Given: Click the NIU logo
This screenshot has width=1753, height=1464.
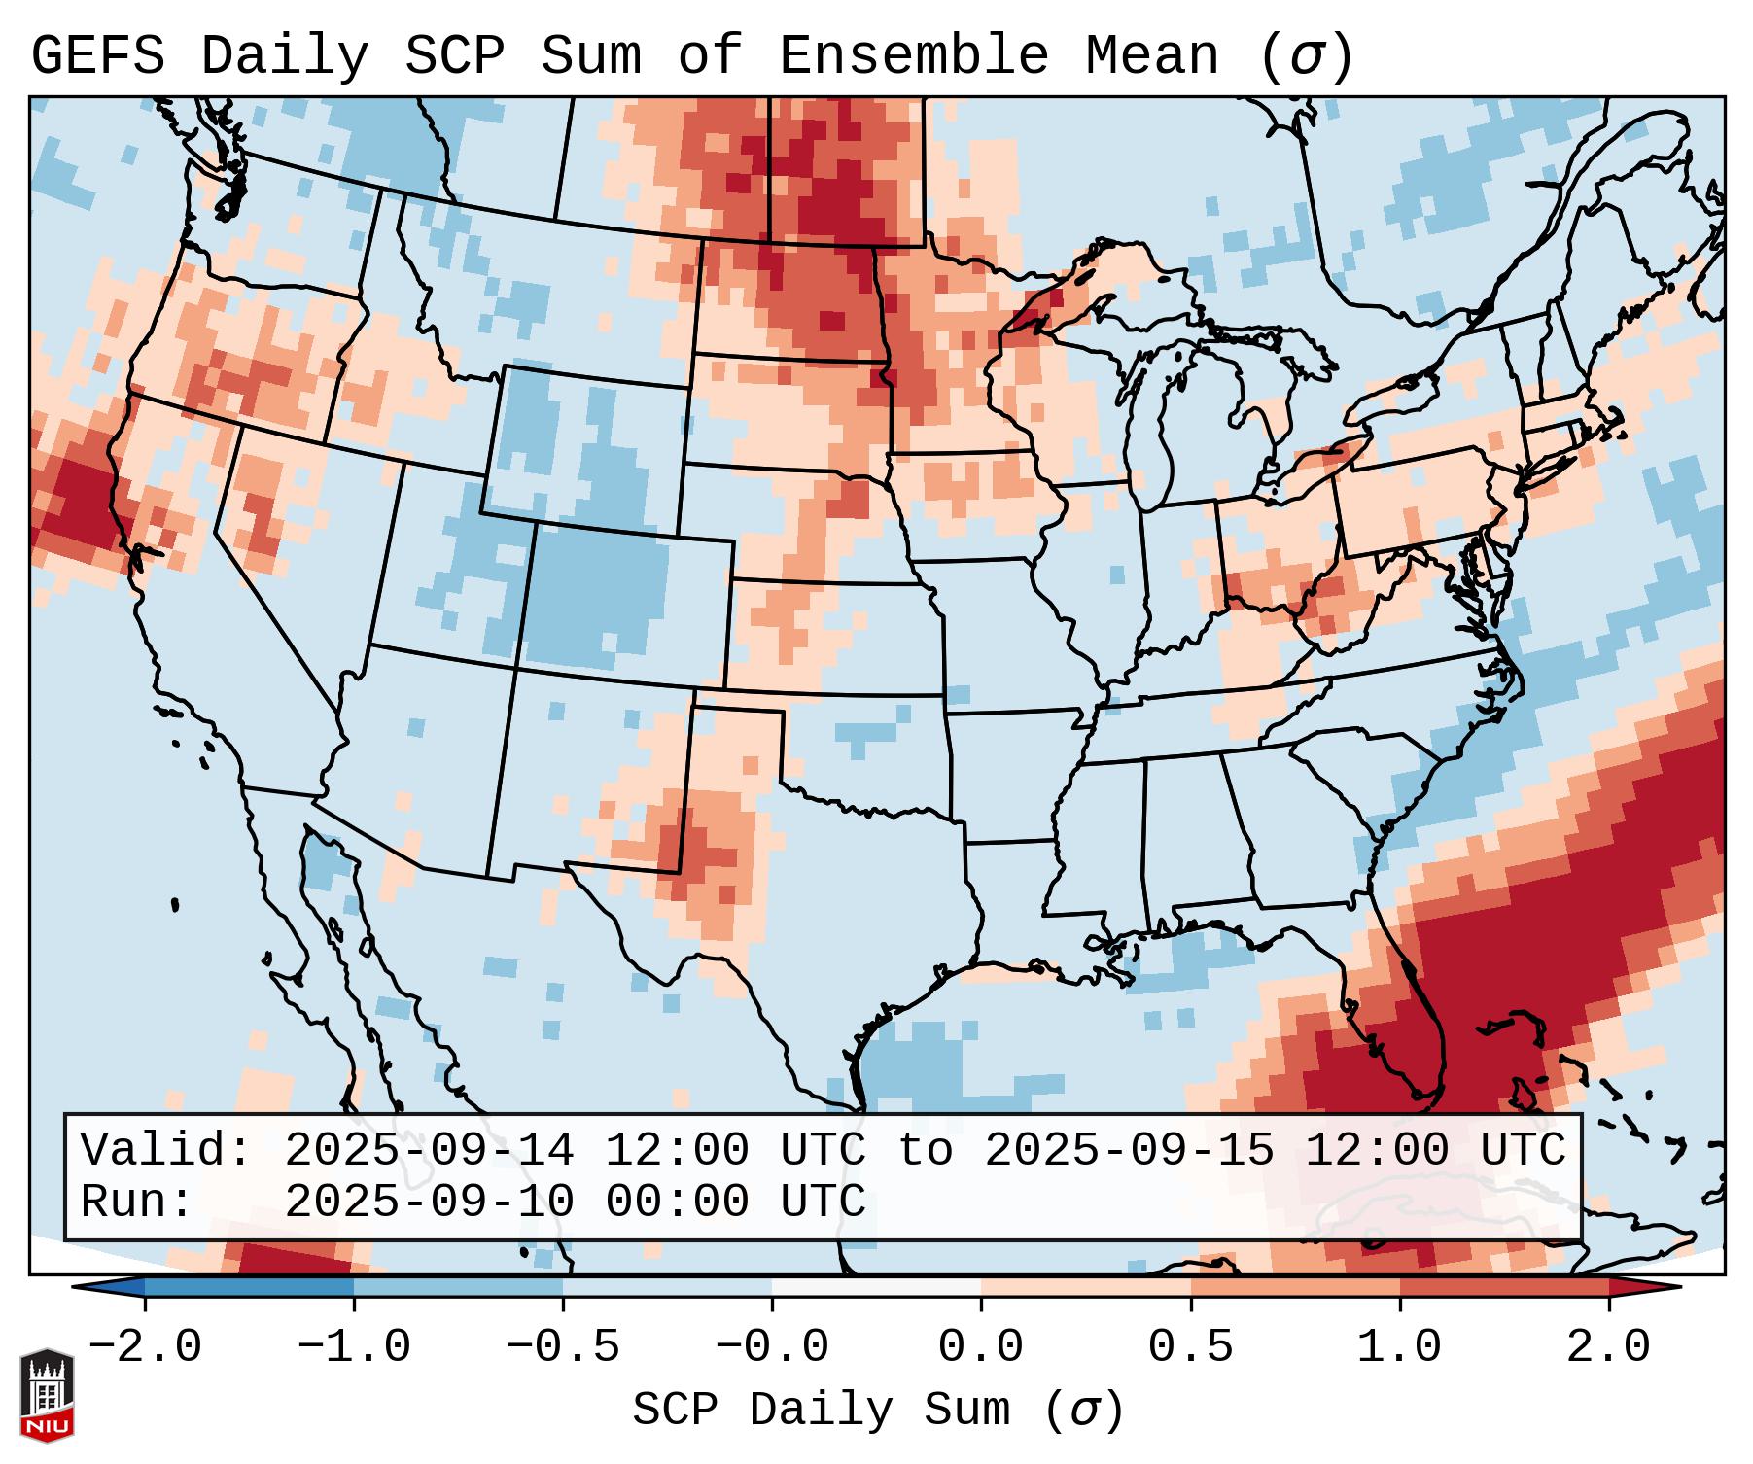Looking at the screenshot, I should tap(47, 1394).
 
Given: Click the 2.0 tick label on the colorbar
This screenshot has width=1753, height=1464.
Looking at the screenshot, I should tap(1608, 1347).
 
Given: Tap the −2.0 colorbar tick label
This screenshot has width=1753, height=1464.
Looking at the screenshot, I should tap(145, 1347).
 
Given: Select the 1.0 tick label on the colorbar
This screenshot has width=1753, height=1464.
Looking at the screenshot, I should tap(1399, 1347).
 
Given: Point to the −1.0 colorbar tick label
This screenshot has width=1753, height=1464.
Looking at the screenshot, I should tap(354, 1347).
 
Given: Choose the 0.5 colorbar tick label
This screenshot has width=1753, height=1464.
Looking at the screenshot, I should tap(1190, 1347).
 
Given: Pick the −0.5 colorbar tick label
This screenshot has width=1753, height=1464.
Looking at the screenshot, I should tap(563, 1347).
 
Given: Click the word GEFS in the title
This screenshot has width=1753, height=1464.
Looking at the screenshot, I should tap(98, 55).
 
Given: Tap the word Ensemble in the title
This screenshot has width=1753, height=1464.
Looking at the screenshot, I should tap(914, 55).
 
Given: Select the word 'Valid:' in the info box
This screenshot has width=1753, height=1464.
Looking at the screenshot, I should tap(166, 1150).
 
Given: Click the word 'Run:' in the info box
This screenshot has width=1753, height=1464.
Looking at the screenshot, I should tap(137, 1202).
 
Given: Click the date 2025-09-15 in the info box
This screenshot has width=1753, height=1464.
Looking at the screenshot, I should tap(1129, 1150).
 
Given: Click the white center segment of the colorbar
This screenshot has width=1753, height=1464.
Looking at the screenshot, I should tap(876, 1287).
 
